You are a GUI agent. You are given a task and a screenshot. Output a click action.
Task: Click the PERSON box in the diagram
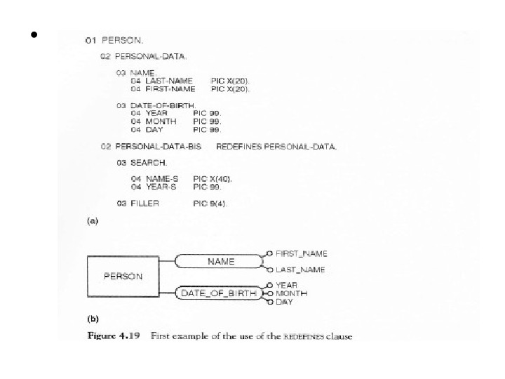click(x=123, y=276)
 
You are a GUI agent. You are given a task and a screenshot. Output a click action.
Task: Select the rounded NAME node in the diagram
click(x=220, y=262)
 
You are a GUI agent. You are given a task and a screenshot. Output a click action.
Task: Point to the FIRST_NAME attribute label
click(x=301, y=253)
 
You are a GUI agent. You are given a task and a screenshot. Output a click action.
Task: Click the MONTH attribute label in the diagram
click(x=291, y=293)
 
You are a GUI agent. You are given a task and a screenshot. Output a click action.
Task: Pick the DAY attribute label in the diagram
click(x=284, y=302)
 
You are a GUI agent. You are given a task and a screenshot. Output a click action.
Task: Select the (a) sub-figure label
click(x=91, y=221)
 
